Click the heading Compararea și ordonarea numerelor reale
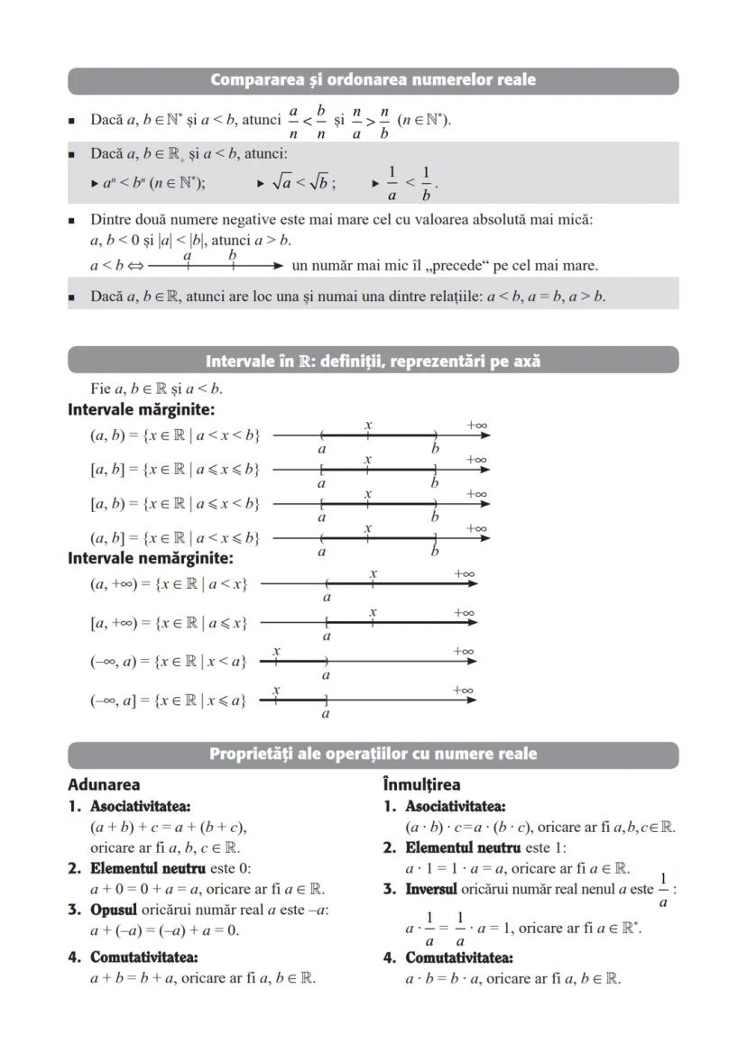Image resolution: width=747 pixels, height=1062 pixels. pos(373,80)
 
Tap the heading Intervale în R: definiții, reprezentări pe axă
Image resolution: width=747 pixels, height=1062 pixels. pos(373,361)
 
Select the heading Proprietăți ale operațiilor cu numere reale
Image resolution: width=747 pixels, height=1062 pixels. pos(373,754)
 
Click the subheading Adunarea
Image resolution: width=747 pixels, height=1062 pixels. pos(104,784)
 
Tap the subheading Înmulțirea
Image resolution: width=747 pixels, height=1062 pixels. pos(421,784)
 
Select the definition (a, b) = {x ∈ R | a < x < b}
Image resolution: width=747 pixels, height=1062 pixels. pos(175,435)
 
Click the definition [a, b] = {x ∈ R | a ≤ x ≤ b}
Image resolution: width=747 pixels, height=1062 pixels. pos(175,469)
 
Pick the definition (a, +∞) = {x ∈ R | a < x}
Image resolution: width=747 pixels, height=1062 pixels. pos(169,584)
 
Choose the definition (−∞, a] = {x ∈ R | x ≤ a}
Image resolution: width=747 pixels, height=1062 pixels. pos(169,700)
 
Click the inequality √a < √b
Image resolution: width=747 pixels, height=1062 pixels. pos(302,183)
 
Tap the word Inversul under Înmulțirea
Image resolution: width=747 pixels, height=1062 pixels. pos(432,890)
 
